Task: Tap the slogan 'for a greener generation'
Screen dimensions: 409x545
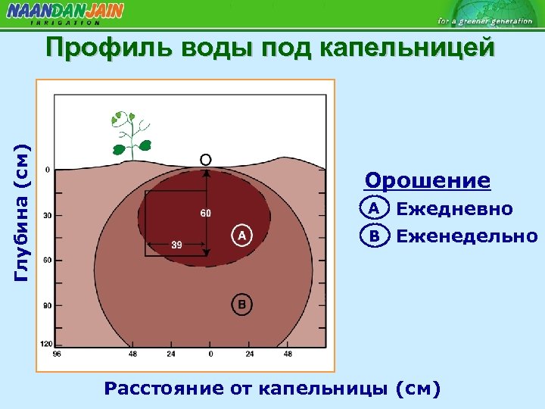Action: click(x=484, y=20)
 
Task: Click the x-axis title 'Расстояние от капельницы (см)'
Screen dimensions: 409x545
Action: click(x=272, y=389)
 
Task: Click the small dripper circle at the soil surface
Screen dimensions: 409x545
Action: click(x=205, y=160)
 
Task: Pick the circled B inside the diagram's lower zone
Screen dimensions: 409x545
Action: click(x=241, y=304)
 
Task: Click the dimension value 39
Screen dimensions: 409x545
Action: click(x=176, y=245)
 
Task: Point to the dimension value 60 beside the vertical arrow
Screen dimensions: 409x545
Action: click(x=205, y=213)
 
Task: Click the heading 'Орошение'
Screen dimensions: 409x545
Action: click(x=428, y=182)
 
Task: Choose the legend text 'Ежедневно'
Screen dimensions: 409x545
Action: click(x=454, y=209)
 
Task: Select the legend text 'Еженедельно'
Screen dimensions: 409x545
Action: click(x=466, y=236)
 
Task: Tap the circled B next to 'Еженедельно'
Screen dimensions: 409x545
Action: click(x=373, y=236)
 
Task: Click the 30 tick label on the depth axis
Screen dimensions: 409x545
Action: click(x=47, y=216)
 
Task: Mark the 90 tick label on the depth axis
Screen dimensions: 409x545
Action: click(x=47, y=306)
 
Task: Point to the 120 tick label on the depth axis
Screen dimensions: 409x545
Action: click(x=46, y=345)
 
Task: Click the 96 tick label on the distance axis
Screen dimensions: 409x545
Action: click(x=55, y=354)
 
